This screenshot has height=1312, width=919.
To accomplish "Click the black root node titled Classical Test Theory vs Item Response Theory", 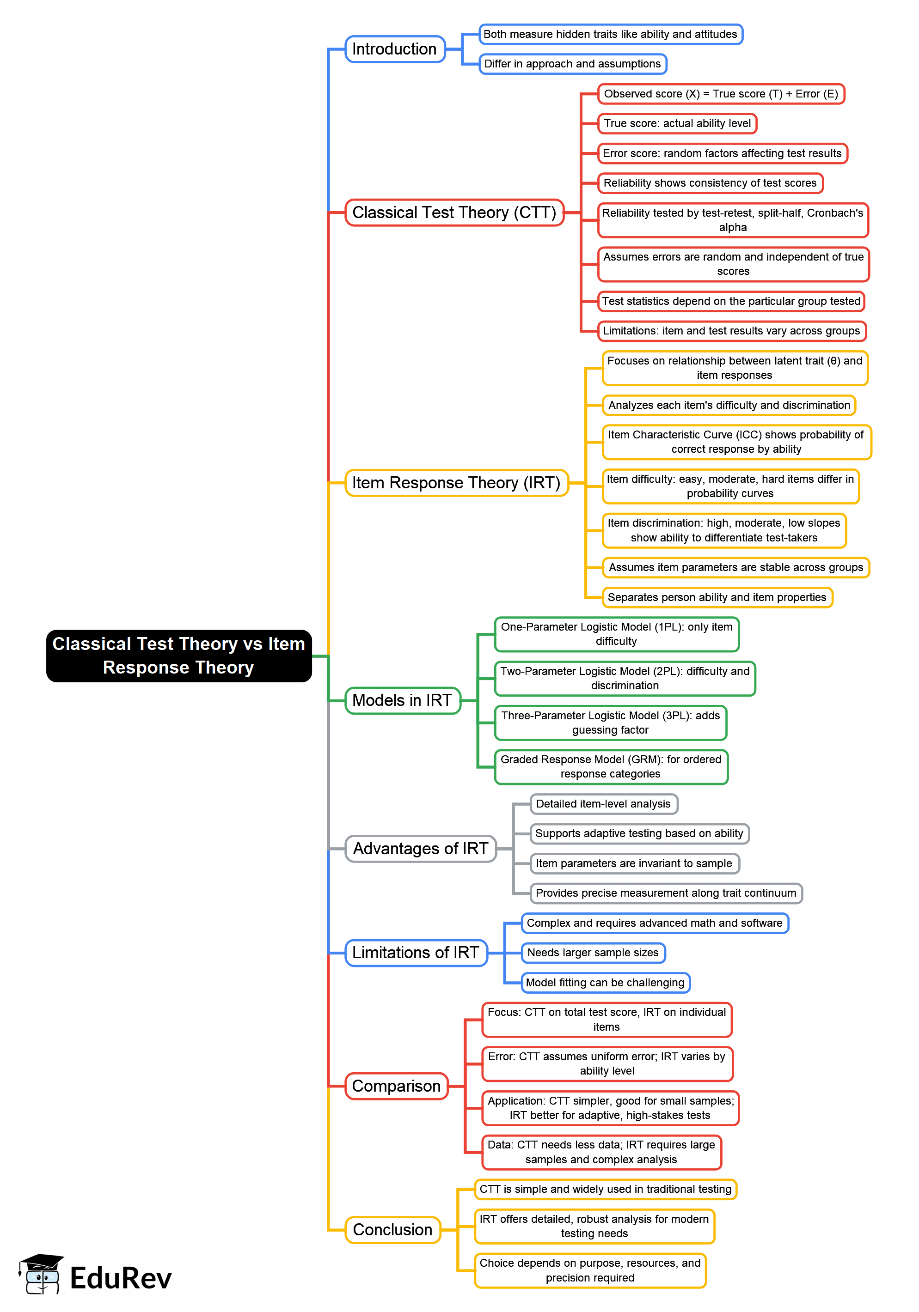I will click(x=178, y=656).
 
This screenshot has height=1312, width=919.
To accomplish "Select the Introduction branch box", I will click(x=395, y=49).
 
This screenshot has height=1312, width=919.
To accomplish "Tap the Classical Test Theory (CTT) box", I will click(x=454, y=213).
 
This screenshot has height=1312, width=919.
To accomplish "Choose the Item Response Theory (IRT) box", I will click(x=456, y=483).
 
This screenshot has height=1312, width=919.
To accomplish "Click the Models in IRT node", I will click(x=402, y=700).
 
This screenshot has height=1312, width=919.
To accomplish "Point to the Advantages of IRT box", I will click(x=420, y=849).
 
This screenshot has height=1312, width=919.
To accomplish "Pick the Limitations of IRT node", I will click(x=416, y=953).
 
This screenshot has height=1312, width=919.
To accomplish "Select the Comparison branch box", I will click(x=396, y=1086).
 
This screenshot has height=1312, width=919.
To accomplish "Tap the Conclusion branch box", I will click(x=392, y=1229).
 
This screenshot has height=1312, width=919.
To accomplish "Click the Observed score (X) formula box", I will click(x=721, y=94).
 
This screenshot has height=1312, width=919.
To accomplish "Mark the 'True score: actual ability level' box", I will click(x=677, y=123).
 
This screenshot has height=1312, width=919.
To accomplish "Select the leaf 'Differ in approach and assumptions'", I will click(x=572, y=63).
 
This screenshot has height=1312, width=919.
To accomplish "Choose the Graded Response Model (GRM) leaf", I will click(x=611, y=766).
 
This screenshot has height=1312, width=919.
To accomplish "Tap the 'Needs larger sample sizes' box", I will click(x=593, y=953).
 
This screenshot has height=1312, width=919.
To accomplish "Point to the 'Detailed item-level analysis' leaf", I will click(x=603, y=803).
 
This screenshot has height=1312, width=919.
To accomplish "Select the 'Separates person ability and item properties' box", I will click(x=717, y=597).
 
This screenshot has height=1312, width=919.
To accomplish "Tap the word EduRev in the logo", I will click(x=121, y=1278).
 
